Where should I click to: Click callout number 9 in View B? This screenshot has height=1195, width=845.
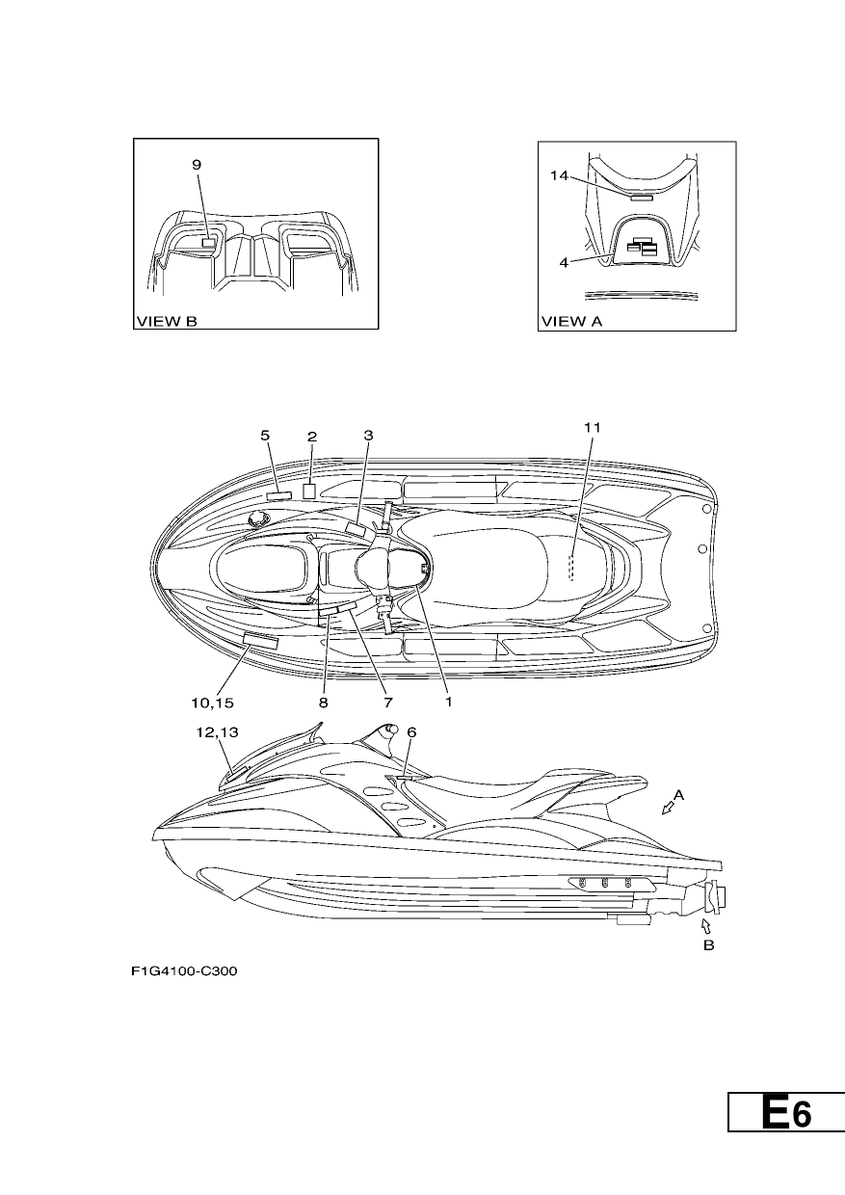(x=197, y=165)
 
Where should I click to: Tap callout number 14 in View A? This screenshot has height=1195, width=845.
(x=559, y=175)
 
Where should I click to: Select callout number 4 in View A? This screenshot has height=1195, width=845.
(x=564, y=262)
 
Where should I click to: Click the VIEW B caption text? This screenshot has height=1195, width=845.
(x=167, y=321)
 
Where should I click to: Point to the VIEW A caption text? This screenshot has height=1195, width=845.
(x=572, y=321)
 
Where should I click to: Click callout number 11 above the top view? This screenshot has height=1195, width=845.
(x=593, y=427)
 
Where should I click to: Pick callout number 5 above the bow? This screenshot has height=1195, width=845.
(x=265, y=436)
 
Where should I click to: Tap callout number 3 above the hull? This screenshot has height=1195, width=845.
(x=368, y=436)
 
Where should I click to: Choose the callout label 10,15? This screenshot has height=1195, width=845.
(x=212, y=704)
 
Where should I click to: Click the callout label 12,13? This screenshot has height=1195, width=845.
(x=217, y=732)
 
